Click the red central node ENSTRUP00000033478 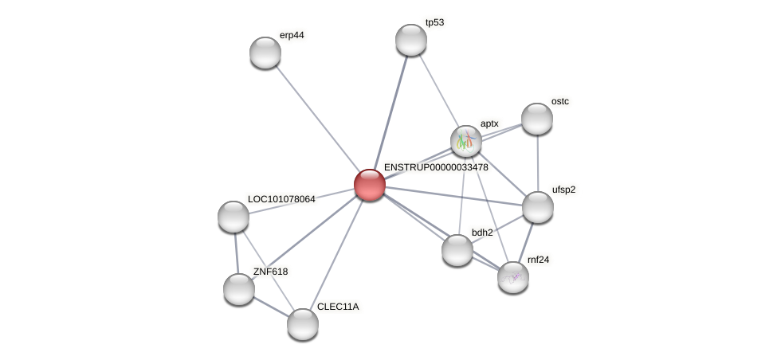click(x=370, y=185)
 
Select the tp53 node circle click(x=411, y=40)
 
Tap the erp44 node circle click(x=265, y=53)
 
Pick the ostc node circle click(x=537, y=119)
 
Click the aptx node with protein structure click(x=466, y=141)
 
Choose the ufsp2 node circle click(x=538, y=207)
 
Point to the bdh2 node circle click(x=457, y=250)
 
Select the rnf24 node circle click(x=513, y=277)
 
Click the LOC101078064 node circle click(x=233, y=217)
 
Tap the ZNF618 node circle click(x=239, y=289)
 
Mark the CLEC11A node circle click(x=303, y=323)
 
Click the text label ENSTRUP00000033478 click(x=436, y=168)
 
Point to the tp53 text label click(x=434, y=23)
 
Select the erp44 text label click(x=291, y=35)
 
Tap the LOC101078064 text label click(x=281, y=199)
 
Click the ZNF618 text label click(x=270, y=272)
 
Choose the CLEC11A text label click(x=338, y=307)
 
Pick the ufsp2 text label click(x=563, y=190)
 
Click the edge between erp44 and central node click(x=317, y=119)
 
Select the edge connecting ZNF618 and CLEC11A click(x=271, y=307)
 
